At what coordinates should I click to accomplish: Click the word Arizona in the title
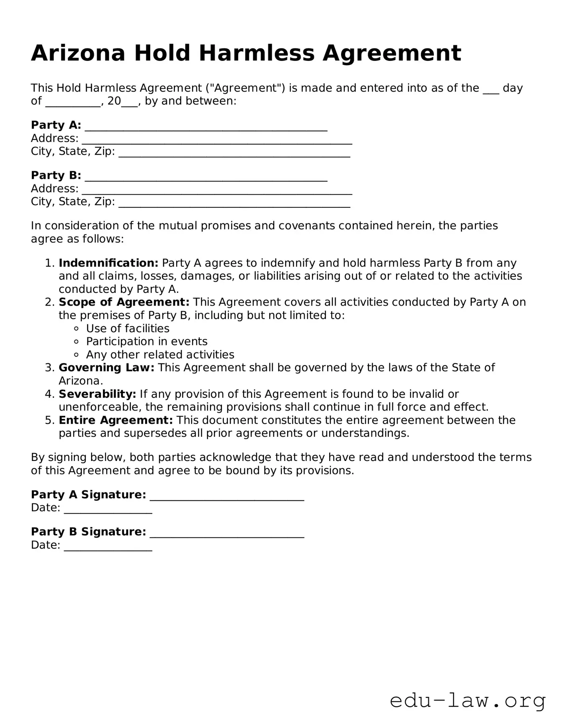pos(78,53)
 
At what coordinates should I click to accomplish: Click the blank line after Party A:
pos(206,126)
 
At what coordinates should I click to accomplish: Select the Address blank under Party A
pos(217,139)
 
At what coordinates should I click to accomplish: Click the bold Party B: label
pos(56,175)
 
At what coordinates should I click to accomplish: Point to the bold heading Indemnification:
pos(109,263)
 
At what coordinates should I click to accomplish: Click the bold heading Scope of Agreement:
pos(124,302)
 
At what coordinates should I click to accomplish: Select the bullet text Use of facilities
pos(128,329)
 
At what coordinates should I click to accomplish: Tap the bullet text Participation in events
pos(147,342)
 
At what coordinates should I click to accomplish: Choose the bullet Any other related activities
pos(160,355)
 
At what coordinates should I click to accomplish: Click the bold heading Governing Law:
pos(107,368)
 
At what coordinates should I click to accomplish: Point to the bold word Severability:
pos(97,394)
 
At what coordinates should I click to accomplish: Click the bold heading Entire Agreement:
pos(116,420)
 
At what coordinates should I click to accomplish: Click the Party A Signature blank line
pos(227,496)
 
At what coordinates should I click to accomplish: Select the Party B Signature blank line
pos(227,533)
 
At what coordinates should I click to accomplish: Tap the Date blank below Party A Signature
pos(108,509)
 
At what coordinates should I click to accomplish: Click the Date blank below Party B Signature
pos(108,546)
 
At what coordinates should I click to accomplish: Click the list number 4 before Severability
pos(49,394)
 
